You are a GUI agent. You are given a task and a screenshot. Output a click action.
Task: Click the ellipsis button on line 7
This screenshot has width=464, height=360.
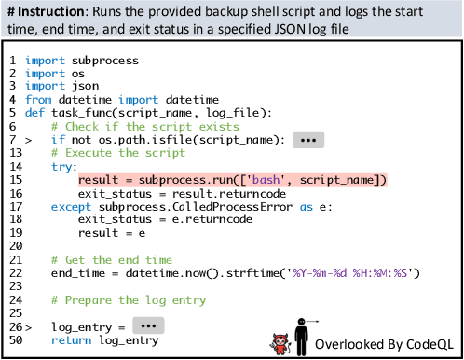pyautogui.click(x=307, y=140)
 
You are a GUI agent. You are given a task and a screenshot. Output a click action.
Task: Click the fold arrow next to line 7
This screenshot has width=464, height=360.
pyautogui.click(x=28, y=140)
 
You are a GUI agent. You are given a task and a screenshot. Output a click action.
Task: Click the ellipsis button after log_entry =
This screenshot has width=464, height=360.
pyautogui.click(x=145, y=327)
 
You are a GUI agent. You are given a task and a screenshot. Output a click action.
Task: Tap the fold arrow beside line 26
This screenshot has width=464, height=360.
pyautogui.click(x=28, y=328)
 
